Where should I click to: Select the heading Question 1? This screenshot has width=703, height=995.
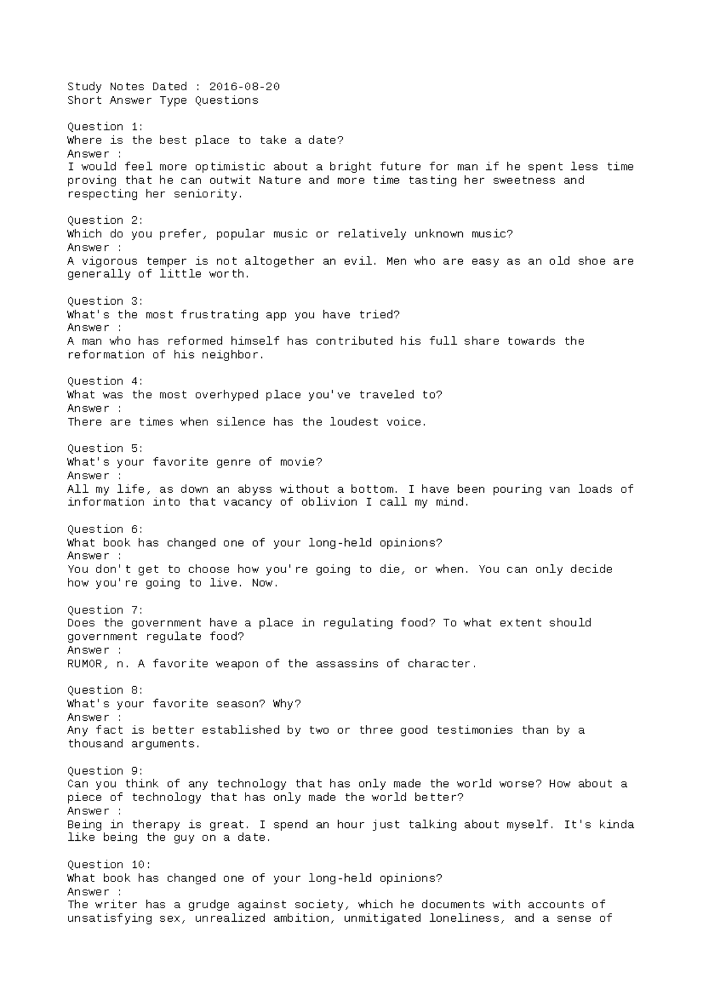pos(105,127)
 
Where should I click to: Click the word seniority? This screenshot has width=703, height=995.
pos(208,193)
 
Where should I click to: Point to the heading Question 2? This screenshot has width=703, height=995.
pos(105,220)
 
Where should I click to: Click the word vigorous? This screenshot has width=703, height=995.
pos(110,261)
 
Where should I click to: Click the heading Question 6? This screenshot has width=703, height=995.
pos(105,529)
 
